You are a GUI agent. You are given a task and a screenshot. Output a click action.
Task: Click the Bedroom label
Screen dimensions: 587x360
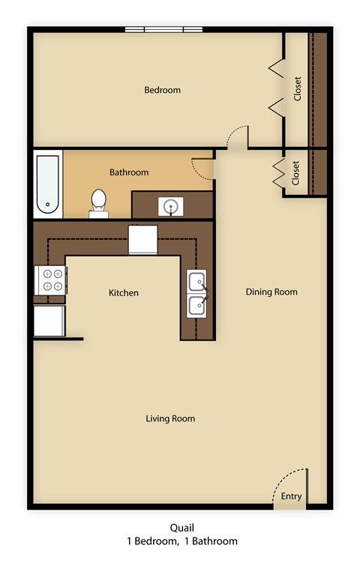click(162, 90)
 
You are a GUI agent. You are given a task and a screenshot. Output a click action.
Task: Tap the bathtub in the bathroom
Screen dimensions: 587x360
click(47, 183)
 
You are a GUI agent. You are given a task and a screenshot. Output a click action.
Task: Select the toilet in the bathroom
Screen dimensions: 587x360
click(99, 201)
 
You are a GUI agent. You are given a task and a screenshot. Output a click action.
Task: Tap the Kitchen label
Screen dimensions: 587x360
click(123, 292)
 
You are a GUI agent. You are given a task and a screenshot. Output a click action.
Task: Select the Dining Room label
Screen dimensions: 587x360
click(271, 292)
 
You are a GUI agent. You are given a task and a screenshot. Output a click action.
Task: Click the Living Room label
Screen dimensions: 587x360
click(170, 418)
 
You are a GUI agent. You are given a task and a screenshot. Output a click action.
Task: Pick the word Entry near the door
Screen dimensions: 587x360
click(291, 496)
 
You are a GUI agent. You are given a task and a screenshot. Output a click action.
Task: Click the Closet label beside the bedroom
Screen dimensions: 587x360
click(298, 89)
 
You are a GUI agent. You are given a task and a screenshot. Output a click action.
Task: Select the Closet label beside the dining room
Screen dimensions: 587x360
click(295, 173)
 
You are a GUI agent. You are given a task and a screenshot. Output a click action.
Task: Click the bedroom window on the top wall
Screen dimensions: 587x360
click(163, 30)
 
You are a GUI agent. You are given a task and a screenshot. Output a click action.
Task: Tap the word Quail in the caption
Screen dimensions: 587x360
click(180, 528)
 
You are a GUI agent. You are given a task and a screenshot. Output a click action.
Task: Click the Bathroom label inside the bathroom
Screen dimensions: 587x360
click(129, 172)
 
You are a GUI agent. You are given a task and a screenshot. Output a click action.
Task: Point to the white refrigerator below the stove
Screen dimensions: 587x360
click(49, 321)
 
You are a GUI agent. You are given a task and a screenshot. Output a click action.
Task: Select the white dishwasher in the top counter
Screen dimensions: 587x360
click(142, 240)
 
